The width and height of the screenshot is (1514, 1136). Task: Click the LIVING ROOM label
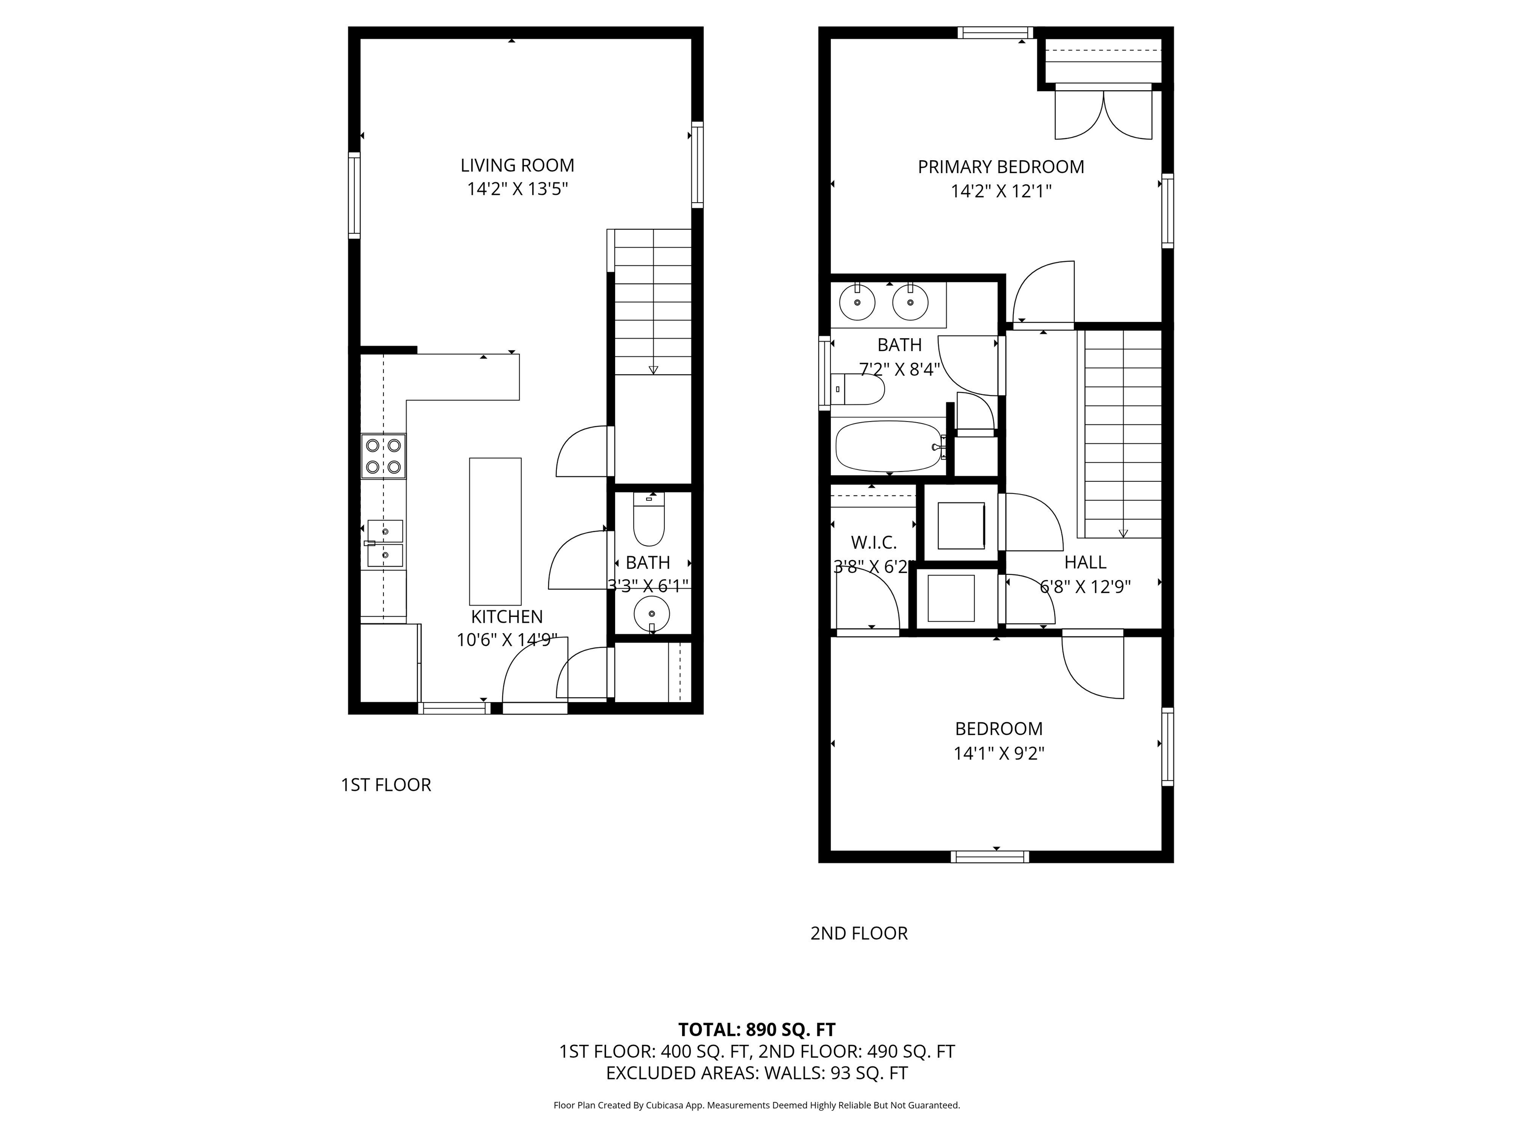click(517, 165)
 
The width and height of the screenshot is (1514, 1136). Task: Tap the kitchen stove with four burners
click(383, 456)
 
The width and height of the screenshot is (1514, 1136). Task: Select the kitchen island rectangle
click(495, 532)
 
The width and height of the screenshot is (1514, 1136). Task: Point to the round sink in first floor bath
click(652, 614)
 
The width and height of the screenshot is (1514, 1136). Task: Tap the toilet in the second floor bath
click(858, 389)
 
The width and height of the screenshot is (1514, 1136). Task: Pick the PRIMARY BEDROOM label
click(1000, 167)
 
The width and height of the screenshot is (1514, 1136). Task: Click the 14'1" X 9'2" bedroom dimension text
click(998, 753)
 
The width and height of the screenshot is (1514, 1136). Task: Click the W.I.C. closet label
click(873, 543)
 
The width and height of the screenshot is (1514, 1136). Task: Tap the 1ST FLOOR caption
click(386, 785)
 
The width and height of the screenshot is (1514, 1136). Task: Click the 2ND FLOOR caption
click(859, 933)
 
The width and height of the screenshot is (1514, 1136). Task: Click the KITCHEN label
click(507, 617)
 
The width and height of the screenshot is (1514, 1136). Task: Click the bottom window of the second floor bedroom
click(990, 856)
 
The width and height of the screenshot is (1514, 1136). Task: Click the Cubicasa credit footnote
click(757, 1105)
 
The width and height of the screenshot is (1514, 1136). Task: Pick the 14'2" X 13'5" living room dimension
click(517, 189)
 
